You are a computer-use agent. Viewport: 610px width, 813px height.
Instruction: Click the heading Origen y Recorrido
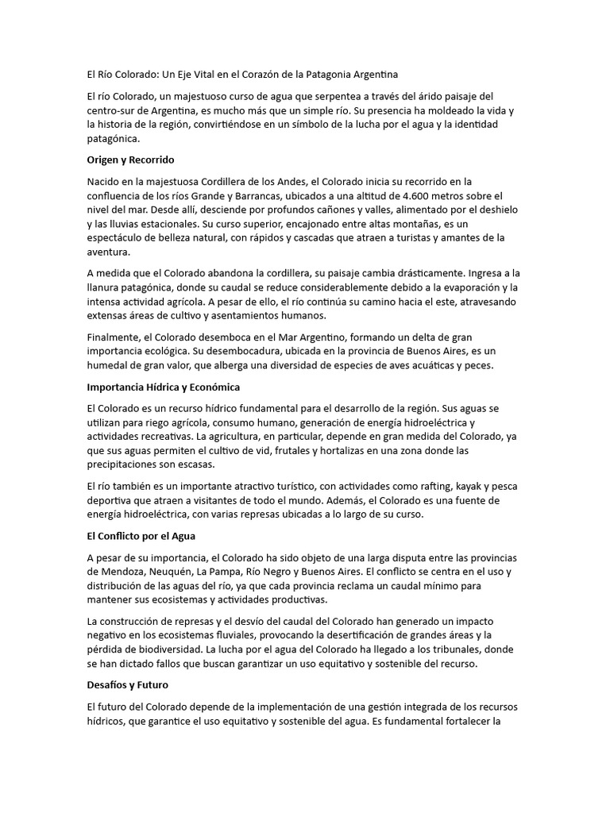click(130, 160)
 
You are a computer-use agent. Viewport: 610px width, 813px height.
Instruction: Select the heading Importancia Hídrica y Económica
click(163, 387)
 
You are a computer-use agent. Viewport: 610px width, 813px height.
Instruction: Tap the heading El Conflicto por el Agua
click(141, 536)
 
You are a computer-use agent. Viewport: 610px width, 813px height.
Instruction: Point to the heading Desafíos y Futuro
click(127, 684)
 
